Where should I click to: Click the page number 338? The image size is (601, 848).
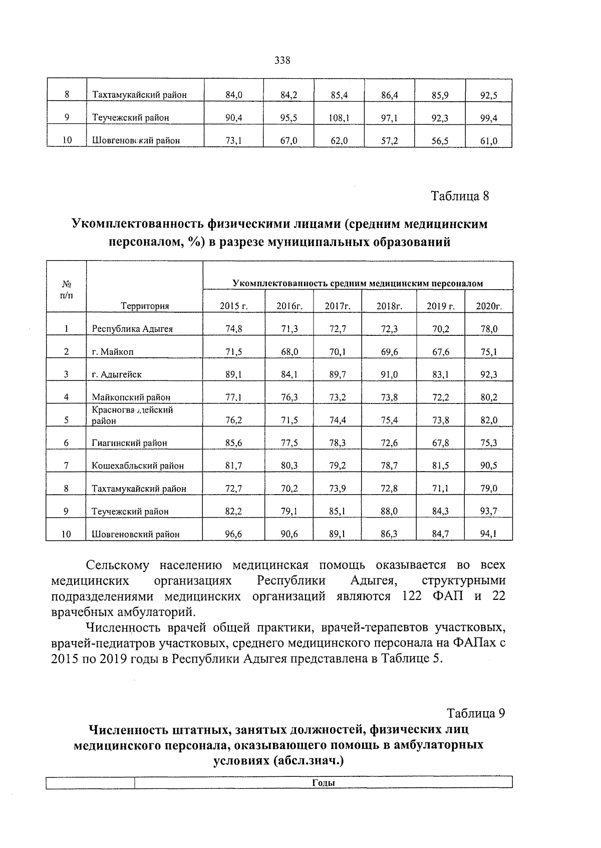click(x=282, y=61)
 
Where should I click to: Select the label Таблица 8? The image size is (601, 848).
click(x=460, y=196)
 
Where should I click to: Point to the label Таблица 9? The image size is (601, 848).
click(x=476, y=713)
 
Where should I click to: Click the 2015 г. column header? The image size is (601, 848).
click(x=234, y=306)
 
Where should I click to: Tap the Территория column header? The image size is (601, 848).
click(x=145, y=306)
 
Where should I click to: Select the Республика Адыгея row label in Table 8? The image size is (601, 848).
click(x=132, y=329)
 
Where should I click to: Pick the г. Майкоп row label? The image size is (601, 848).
click(x=113, y=352)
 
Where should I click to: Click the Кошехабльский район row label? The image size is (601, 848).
click(x=138, y=466)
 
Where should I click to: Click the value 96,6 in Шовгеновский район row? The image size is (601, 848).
click(x=234, y=534)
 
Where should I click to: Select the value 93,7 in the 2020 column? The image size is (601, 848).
click(x=488, y=511)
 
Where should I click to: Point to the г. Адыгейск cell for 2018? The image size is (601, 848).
click(x=389, y=374)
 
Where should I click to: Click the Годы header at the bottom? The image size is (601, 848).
click(x=323, y=783)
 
